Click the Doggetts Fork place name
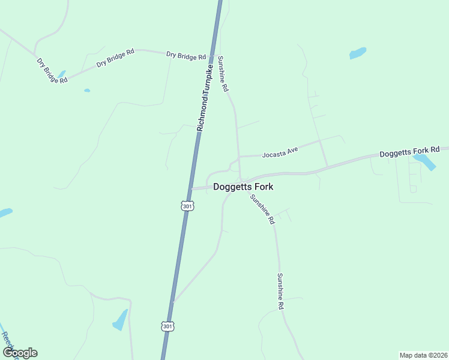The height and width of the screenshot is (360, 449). click(x=243, y=187)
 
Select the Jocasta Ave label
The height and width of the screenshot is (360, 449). click(x=280, y=152)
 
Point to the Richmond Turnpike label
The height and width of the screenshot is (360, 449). click(x=205, y=99)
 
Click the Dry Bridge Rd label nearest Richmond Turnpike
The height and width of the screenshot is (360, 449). click(x=186, y=55)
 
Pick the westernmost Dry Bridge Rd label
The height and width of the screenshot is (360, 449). click(x=52, y=71)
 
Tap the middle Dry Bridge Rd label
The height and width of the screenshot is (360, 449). click(x=115, y=58)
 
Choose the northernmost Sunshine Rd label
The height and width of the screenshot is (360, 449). click(x=223, y=73)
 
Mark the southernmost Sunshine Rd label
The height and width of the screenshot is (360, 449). click(x=280, y=291)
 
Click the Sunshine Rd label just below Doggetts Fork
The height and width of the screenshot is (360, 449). click(x=262, y=209)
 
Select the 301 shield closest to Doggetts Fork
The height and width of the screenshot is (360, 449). click(x=187, y=206)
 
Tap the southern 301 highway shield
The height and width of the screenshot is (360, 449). click(x=167, y=326)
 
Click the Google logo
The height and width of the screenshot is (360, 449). click(x=20, y=353)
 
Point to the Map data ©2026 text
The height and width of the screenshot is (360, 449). click(x=423, y=355)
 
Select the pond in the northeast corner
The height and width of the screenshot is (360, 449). click(x=358, y=53)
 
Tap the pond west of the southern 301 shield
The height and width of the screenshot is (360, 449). click(x=120, y=320)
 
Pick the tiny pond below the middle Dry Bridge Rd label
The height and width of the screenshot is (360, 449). click(x=87, y=91)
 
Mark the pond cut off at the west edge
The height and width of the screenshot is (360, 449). click(x=5, y=212)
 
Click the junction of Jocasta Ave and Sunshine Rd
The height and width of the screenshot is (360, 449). click(x=239, y=157)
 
